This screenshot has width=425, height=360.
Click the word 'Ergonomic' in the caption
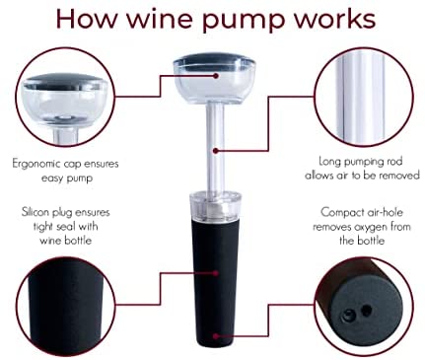tap(36, 164)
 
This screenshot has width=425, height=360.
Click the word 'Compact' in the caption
tap(341, 213)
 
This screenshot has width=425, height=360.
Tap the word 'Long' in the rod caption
tap(329, 162)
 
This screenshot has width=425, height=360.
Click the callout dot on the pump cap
tap(216, 76)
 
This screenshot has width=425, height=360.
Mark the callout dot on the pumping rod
tap(216, 151)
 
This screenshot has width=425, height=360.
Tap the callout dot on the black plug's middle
tap(216, 273)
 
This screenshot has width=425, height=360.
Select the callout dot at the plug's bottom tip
tap(216, 336)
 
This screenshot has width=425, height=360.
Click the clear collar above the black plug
tap(216, 206)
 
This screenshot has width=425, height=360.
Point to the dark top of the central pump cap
tap(214, 59)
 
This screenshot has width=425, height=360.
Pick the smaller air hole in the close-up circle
tap(366, 310)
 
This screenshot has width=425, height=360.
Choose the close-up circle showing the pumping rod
tap(364, 98)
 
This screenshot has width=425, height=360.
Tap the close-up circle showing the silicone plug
tap(66, 307)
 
